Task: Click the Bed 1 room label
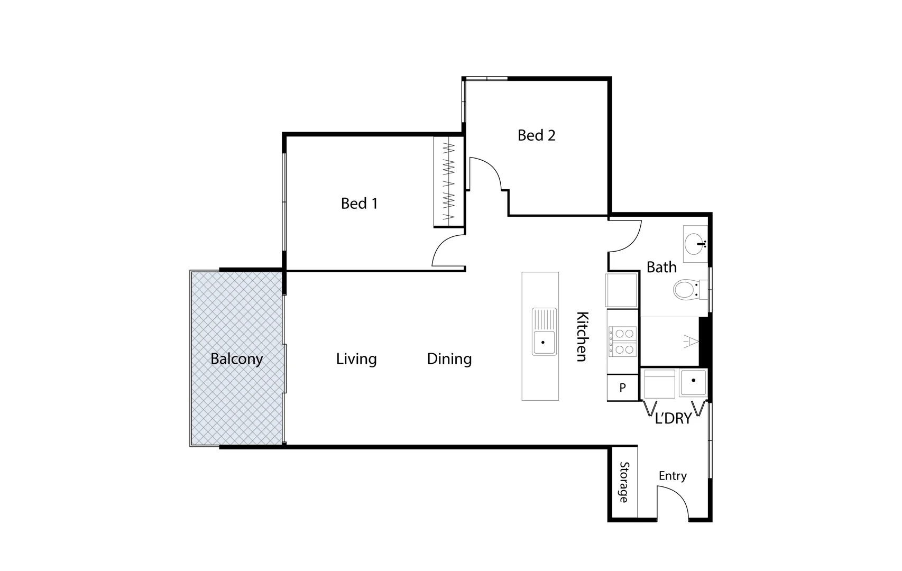tap(359, 204)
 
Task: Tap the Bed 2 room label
tap(536, 135)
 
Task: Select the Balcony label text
tap(236, 359)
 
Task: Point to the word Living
tap(356, 359)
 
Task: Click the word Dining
tap(449, 359)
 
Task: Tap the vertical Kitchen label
tap(582, 336)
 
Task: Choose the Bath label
tap(661, 268)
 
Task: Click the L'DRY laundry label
tap(673, 419)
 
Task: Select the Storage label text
tap(624, 482)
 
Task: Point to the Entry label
tap(673, 476)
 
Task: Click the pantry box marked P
tap(622, 388)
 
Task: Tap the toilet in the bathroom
tap(686, 290)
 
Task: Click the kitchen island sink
tap(545, 331)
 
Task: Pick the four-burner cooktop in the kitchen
tap(623, 341)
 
